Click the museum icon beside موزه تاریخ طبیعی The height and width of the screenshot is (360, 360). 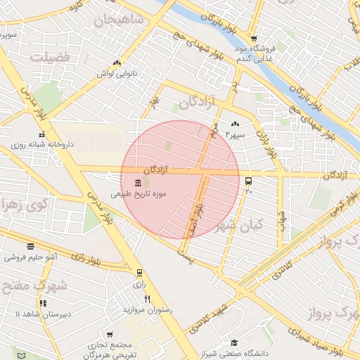pyautogui.click(x=136, y=183)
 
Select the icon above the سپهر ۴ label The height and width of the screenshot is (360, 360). pyautogui.click(x=234, y=124)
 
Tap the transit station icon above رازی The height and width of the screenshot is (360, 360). pyautogui.click(x=139, y=273)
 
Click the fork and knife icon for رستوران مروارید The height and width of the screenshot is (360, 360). pyautogui.click(x=147, y=299)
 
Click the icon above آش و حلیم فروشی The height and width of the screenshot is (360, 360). pyautogui.click(x=30, y=247)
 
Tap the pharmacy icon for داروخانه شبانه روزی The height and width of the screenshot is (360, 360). pyautogui.click(x=42, y=134)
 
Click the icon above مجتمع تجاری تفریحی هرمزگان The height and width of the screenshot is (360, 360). pyautogui.click(x=109, y=335)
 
